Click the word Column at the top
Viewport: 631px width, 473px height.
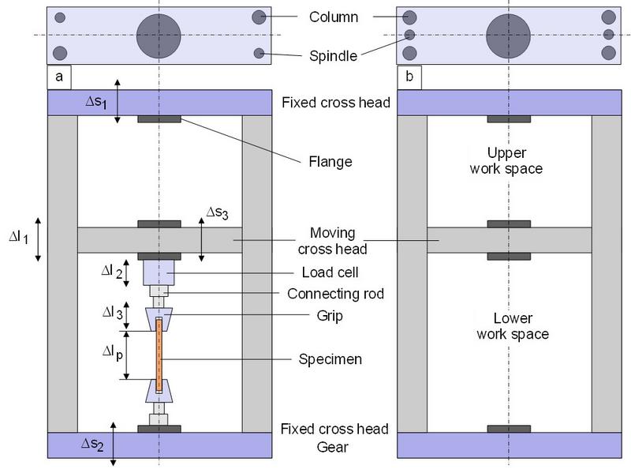334,17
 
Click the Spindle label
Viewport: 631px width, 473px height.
333,56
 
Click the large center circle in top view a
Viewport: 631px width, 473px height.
159,36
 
